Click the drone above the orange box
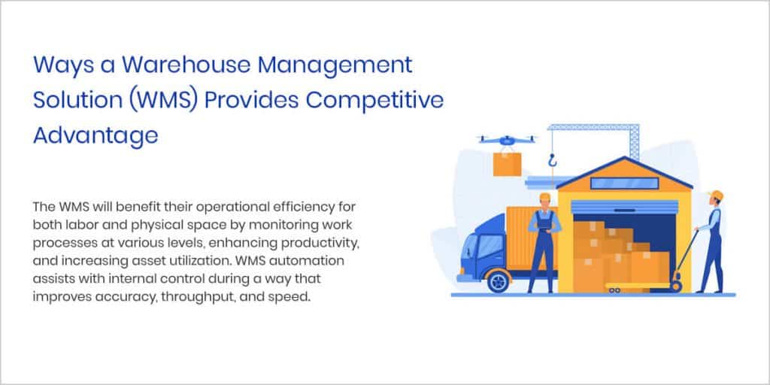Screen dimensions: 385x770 pos(508,141)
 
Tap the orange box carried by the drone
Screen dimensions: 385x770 pos(508,162)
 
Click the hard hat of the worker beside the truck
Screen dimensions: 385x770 pos(544,197)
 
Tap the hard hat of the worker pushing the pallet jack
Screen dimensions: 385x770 pos(717,196)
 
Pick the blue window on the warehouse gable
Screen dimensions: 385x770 pos(614,183)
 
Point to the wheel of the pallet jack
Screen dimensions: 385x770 pos(677,286)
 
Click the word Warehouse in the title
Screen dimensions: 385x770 pos(178,65)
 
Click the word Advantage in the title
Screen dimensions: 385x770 pos(95,135)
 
